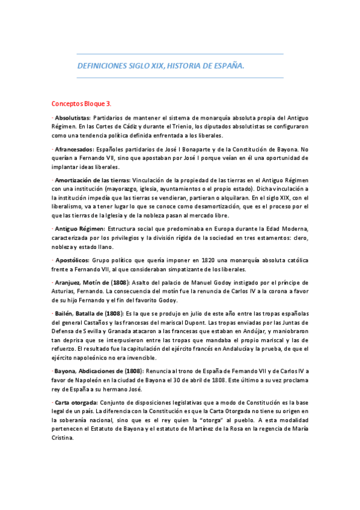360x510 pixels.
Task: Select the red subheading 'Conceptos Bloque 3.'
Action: coord(81,103)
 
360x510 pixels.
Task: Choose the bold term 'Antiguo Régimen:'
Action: coord(79,229)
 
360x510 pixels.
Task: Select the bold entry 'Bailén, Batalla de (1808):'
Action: coord(87,314)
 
